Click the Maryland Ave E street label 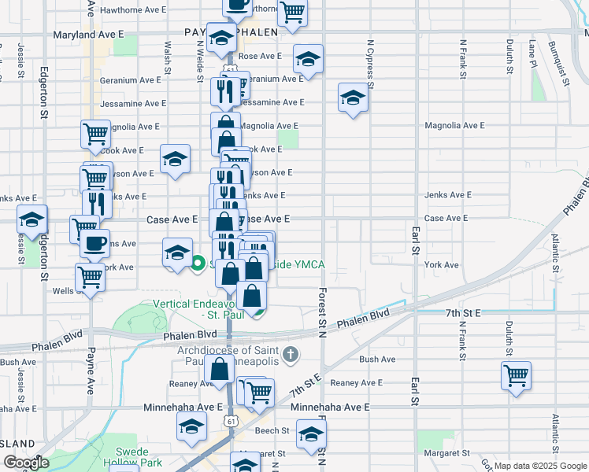click(x=88, y=35)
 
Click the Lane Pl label click(x=533, y=53)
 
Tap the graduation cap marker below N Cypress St click(x=353, y=98)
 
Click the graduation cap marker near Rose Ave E click(x=308, y=58)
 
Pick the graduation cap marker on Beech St click(x=312, y=433)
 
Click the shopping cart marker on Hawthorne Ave click(x=292, y=12)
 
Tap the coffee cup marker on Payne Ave click(x=94, y=242)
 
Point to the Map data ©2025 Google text click(x=539, y=466)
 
